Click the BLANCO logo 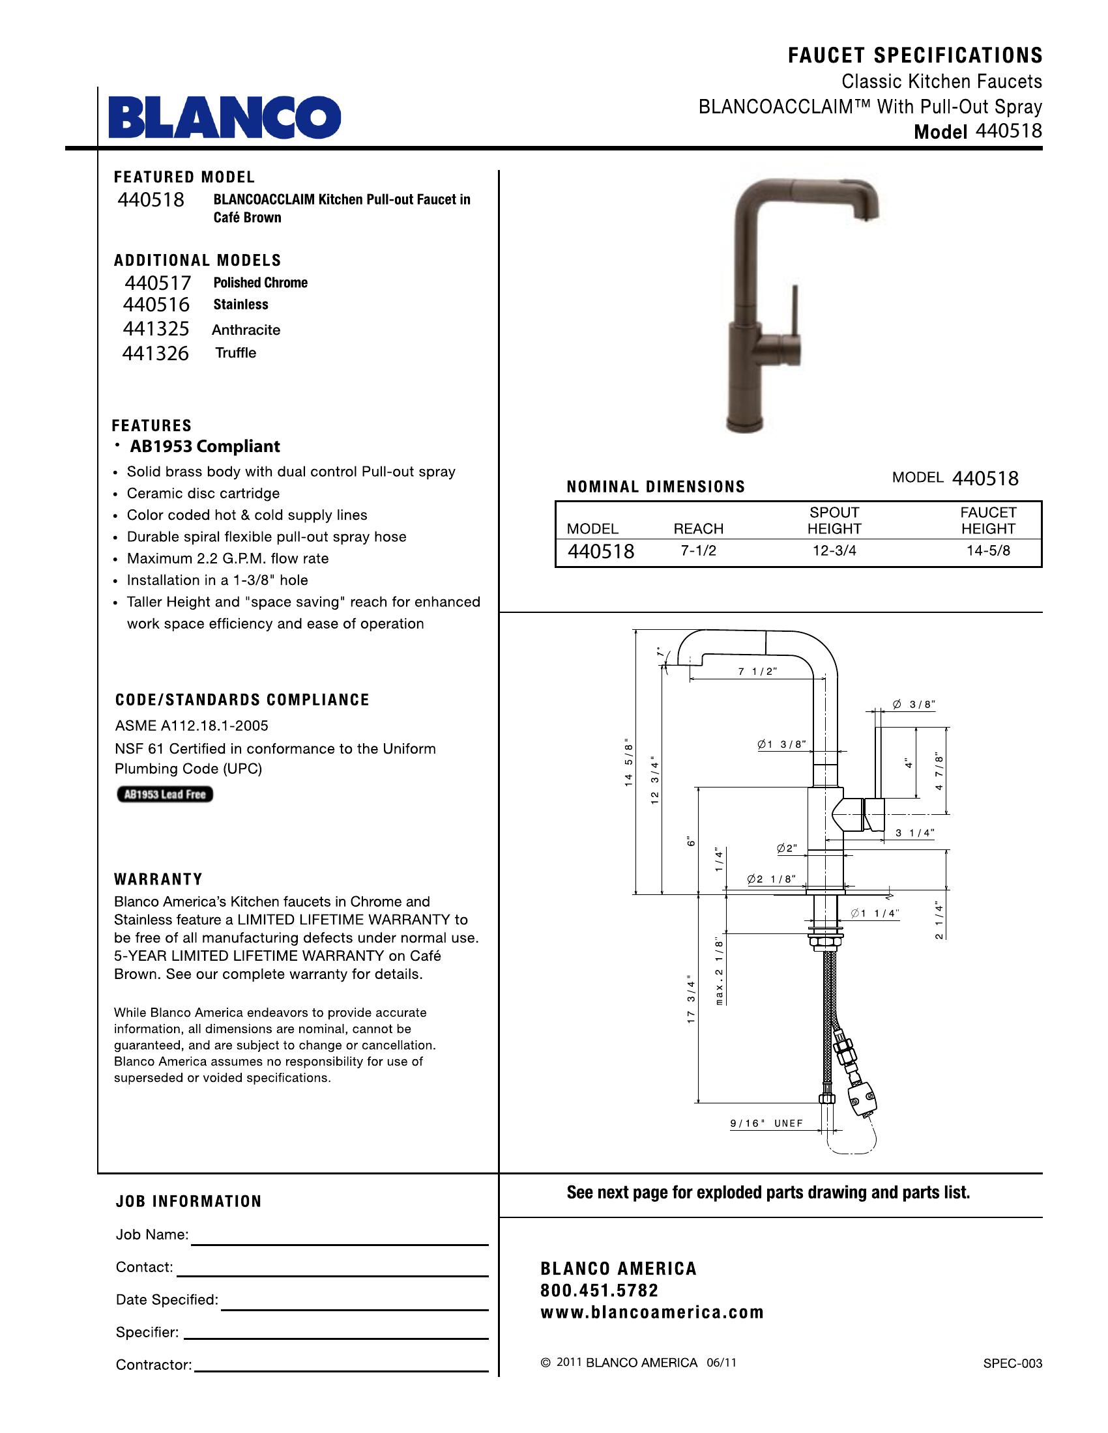pos(224,117)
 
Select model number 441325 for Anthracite pos(156,329)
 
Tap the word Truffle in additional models pos(236,353)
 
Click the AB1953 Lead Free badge pos(165,795)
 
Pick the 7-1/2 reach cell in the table pos(699,551)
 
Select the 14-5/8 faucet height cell pos(988,551)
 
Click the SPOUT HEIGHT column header pos(834,520)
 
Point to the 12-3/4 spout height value pos(834,551)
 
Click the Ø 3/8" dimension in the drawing pos(913,705)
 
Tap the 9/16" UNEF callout pos(766,1124)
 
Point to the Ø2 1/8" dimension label pos(771,879)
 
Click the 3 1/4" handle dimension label pos(914,833)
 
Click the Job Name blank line pos(339,1243)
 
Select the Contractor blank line pos(342,1370)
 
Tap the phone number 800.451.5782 pos(598,1290)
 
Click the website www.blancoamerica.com pos(652,1312)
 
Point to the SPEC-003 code pos(1012,1363)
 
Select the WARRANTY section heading pos(158,879)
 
